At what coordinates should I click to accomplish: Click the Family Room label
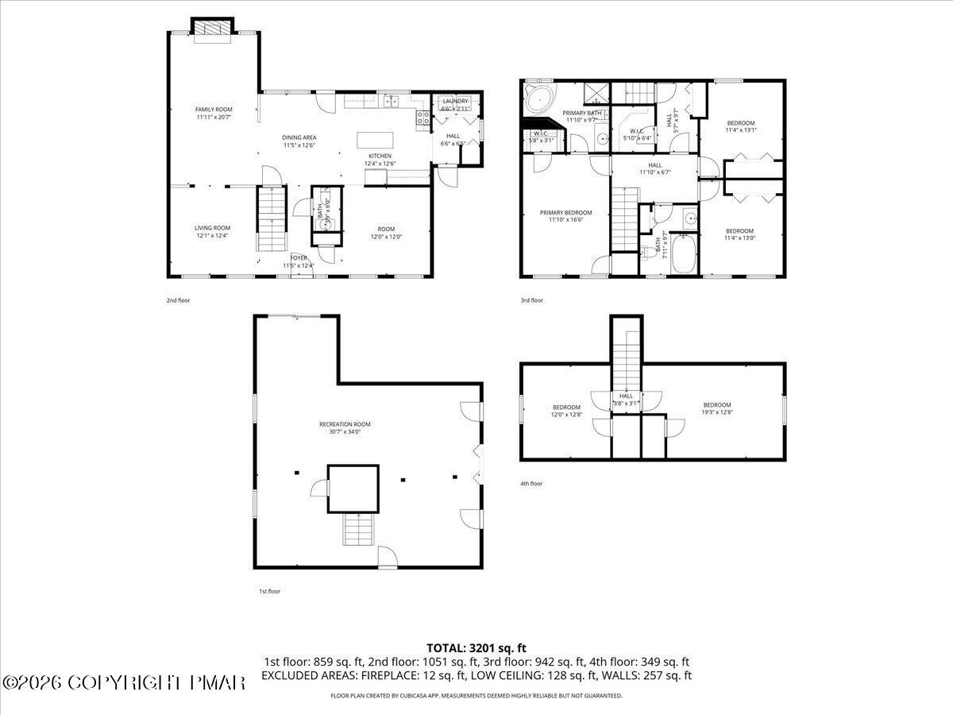click(x=214, y=113)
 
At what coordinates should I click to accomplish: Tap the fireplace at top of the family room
click(x=212, y=28)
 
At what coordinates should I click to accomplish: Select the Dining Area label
click(x=299, y=141)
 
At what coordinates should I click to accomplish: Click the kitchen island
click(x=375, y=140)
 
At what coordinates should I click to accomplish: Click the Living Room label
click(x=212, y=231)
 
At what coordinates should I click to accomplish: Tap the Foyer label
click(x=299, y=261)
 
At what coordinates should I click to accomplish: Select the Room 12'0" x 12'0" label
click(x=386, y=231)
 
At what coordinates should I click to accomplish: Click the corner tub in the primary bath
click(x=540, y=101)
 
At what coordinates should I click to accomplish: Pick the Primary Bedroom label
click(x=565, y=216)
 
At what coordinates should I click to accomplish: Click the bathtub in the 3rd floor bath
click(x=683, y=253)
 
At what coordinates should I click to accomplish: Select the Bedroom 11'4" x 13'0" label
click(x=739, y=234)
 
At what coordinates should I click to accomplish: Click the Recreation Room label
click(x=350, y=427)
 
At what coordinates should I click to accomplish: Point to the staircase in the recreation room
click(x=357, y=528)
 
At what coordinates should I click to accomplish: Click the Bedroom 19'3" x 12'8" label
click(x=716, y=408)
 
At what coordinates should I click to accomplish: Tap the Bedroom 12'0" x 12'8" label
click(x=566, y=410)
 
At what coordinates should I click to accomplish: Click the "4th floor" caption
click(x=531, y=483)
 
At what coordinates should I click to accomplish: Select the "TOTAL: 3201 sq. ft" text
click(x=476, y=647)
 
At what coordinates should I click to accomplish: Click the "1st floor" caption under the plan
click(x=269, y=591)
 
